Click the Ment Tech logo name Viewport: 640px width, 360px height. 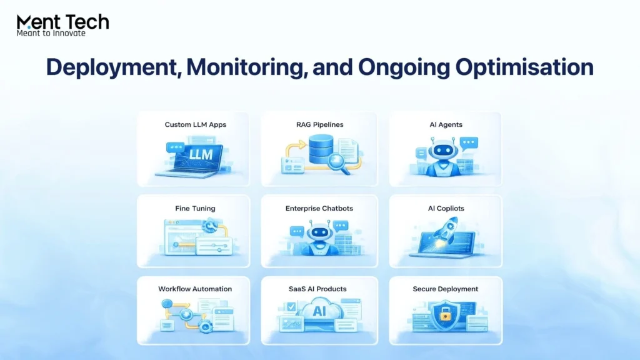(63, 22)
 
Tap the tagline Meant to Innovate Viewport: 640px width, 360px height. (51, 33)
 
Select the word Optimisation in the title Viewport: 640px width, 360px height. (524, 67)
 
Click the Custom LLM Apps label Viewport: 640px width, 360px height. (196, 124)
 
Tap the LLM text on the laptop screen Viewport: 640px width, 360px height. (201, 155)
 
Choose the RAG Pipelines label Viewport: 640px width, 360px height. (320, 124)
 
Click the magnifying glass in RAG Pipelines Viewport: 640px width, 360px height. (339, 164)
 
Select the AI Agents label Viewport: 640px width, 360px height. (446, 124)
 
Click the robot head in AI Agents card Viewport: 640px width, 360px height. (442, 150)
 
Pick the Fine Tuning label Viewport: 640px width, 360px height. (195, 208)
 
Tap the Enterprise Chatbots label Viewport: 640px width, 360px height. (319, 208)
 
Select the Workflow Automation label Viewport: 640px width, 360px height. (195, 289)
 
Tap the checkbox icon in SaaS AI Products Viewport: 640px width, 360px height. (291, 307)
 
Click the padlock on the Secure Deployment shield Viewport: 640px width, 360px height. (445, 316)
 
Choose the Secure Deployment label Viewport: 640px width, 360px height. (445, 289)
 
